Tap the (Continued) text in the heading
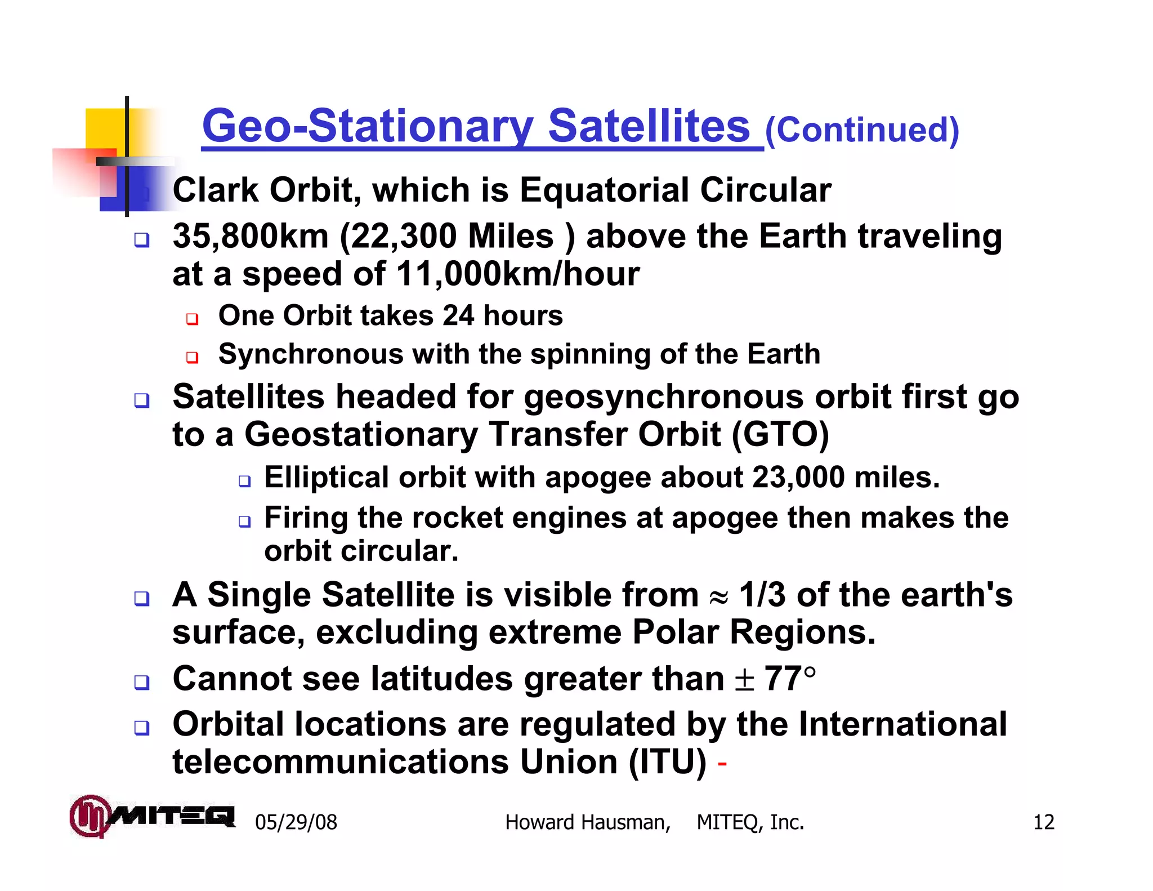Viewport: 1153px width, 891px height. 862,131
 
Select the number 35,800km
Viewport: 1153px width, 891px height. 251,236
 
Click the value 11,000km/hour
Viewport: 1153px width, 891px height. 518,274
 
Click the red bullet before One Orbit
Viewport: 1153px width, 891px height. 193,319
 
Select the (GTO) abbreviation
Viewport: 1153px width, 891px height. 780,435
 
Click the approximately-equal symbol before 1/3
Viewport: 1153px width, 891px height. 718,598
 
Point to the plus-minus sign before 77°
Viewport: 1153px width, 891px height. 744,680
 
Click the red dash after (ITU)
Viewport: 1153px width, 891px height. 722,764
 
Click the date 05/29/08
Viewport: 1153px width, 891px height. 296,822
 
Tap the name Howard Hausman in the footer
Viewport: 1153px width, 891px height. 587,822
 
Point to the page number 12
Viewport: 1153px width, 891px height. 1043,822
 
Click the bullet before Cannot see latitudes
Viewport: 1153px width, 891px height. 142,683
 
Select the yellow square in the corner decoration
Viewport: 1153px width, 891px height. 105,128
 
